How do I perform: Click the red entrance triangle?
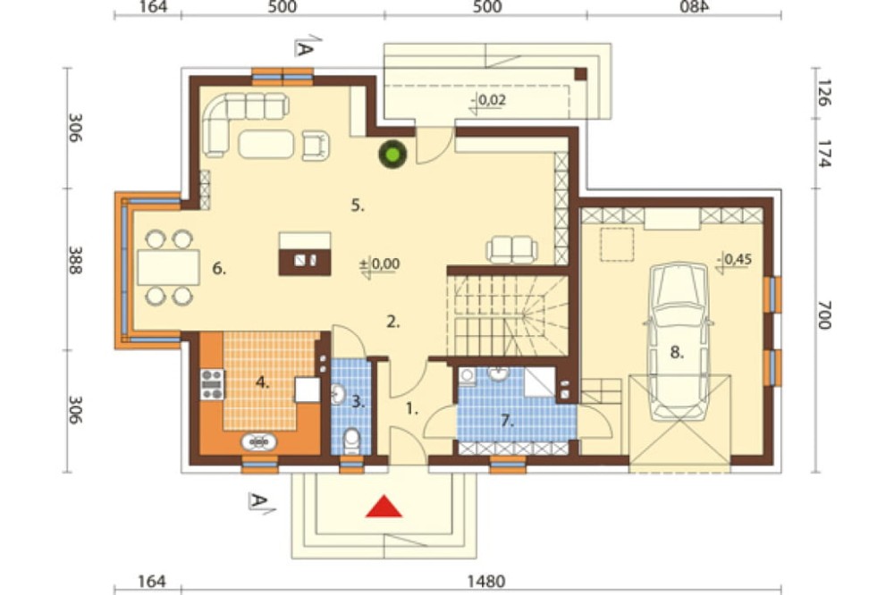(x=384, y=507)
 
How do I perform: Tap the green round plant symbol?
(x=392, y=154)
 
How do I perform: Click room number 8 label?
(x=677, y=354)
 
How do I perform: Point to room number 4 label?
(x=262, y=383)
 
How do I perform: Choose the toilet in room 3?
(x=351, y=440)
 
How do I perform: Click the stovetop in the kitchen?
(x=212, y=385)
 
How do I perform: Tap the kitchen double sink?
(x=259, y=441)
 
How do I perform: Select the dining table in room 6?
(x=169, y=267)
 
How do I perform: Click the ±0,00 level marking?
(x=380, y=264)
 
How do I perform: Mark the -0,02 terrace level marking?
(x=488, y=101)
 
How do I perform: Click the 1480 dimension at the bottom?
(x=486, y=582)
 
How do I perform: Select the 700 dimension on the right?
(x=823, y=314)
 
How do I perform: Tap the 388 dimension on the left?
(x=75, y=260)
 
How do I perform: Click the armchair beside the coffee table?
(x=316, y=145)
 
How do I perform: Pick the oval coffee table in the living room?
(x=266, y=144)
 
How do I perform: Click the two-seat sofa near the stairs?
(x=512, y=249)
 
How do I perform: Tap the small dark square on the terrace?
(x=580, y=73)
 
